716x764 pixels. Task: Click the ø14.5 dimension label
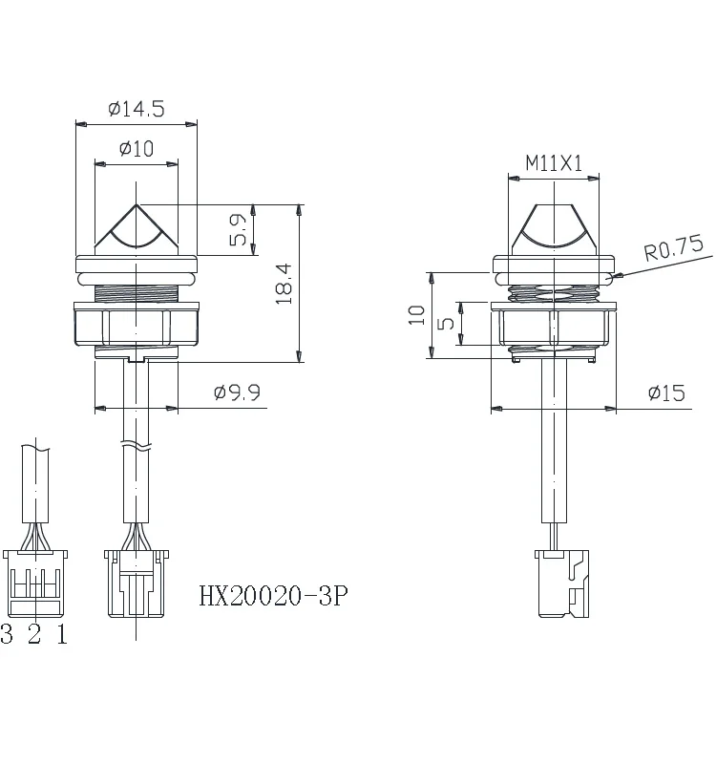[x=137, y=109]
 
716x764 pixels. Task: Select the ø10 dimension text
[x=137, y=149]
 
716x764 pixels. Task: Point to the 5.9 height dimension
[x=239, y=230]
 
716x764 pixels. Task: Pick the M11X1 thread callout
[x=554, y=163]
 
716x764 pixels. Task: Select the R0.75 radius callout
[x=673, y=249]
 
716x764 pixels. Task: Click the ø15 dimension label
[x=665, y=393]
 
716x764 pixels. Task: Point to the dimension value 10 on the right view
[x=416, y=315]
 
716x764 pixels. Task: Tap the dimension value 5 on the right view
[x=445, y=324]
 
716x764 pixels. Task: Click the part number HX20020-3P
[x=274, y=597]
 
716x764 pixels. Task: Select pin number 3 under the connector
[x=8, y=635]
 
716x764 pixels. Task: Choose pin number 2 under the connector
[x=34, y=635]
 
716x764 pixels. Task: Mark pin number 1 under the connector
[x=62, y=635]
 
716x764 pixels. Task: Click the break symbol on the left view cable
[x=136, y=446]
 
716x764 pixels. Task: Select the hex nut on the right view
[x=554, y=326]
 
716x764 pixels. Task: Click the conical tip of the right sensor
[x=554, y=225]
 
